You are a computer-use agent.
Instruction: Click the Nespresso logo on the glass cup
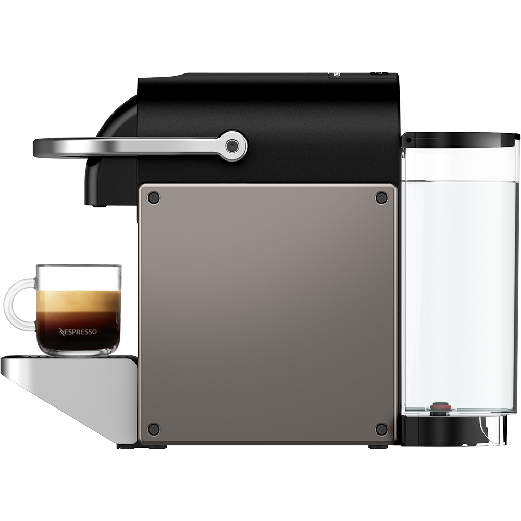[x=78, y=331]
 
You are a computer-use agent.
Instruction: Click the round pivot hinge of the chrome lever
[x=232, y=145]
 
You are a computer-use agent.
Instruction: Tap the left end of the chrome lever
[x=35, y=147]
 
